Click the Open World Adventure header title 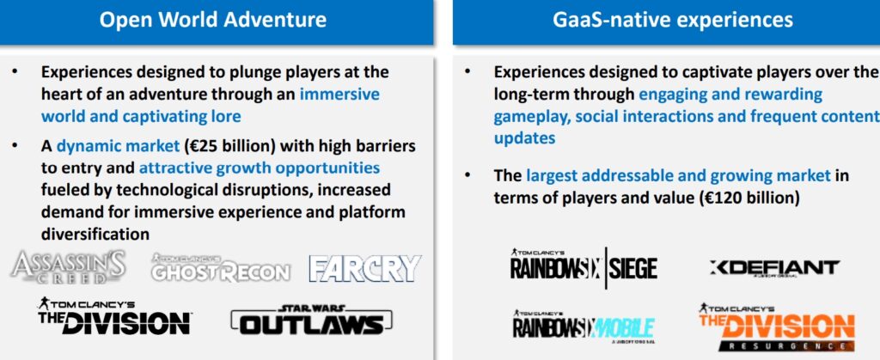[212, 21]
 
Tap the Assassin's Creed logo [69, 266]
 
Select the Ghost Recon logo [221, 268]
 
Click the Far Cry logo [365, 268]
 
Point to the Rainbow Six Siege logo [584, 265]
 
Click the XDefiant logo [774, 268]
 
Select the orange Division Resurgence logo [775, 326]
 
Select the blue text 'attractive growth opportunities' [260, 167]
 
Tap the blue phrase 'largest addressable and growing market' [678, 176]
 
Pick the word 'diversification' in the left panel [95, 233]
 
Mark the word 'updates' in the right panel [524, 137]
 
